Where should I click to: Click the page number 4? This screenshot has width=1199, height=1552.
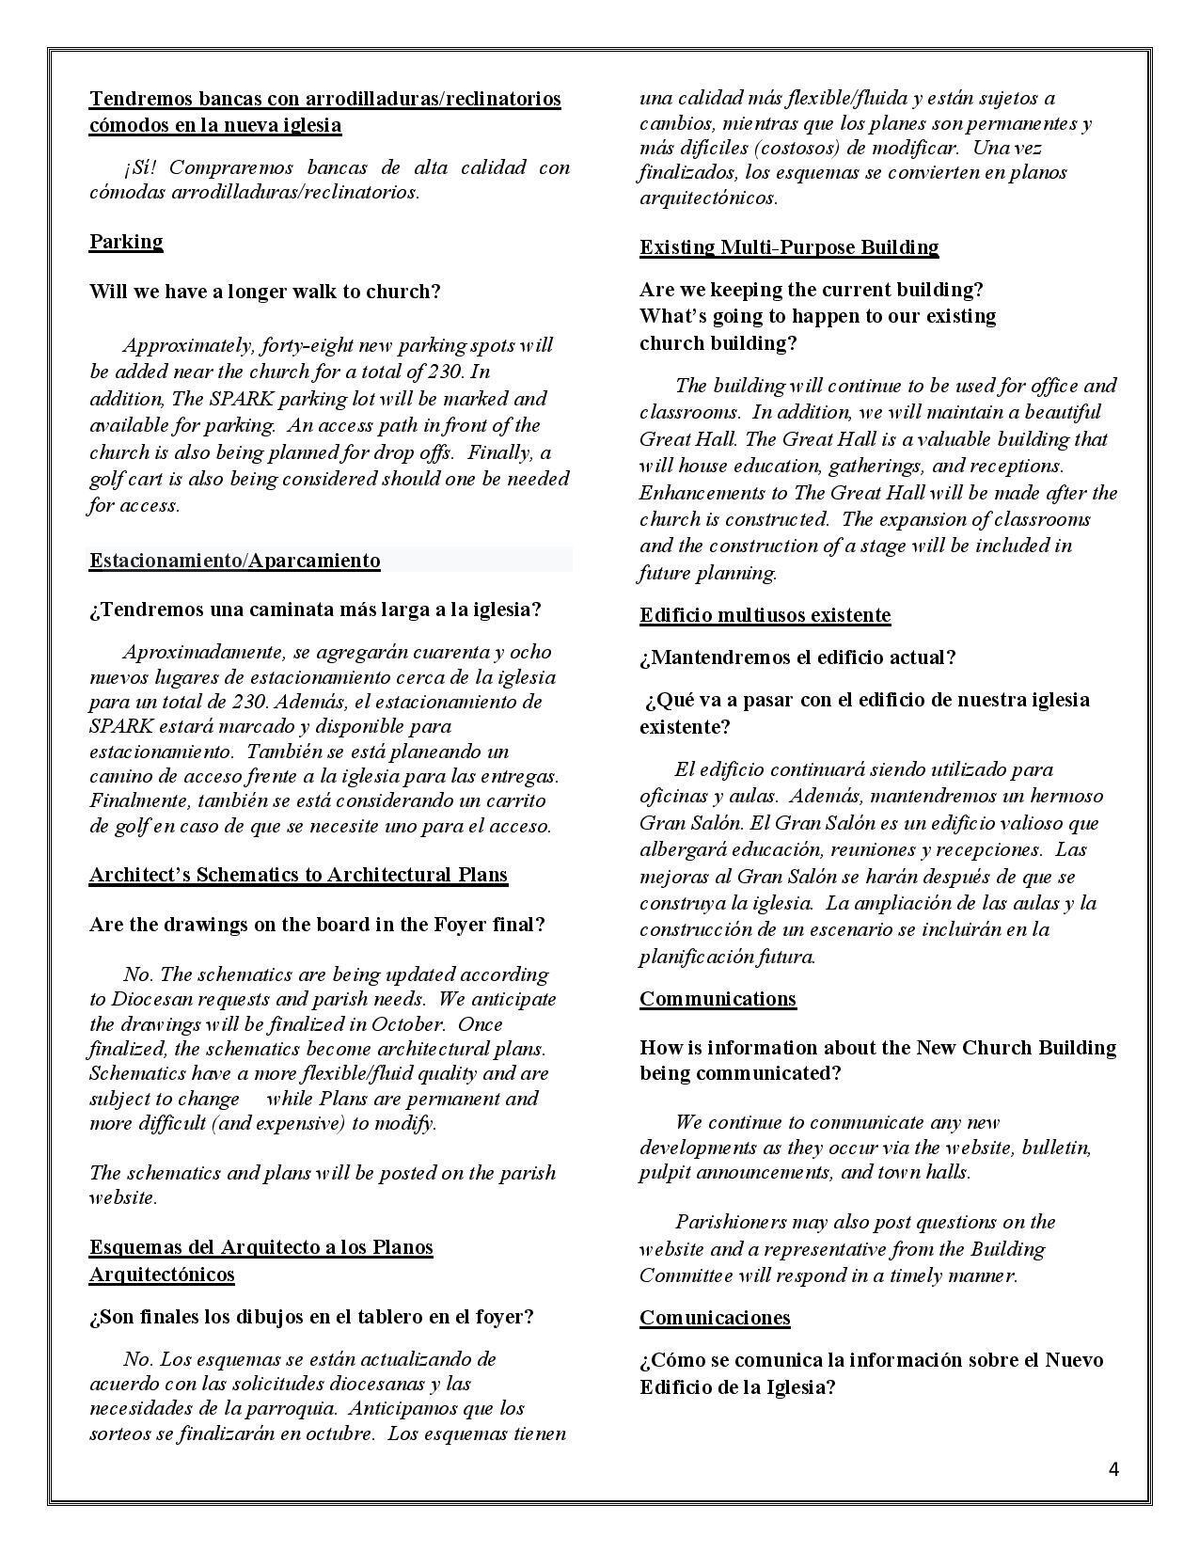tap(1114, 1469)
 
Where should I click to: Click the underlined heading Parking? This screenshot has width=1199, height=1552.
tap(126, 242)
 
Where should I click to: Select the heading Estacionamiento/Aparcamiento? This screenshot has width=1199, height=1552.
tap(235, 561)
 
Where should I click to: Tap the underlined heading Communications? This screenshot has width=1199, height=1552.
tap(718, 999)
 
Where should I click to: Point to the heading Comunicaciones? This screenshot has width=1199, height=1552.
tap(715, 1317)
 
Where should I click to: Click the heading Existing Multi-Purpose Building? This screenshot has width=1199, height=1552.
tap(789, 247)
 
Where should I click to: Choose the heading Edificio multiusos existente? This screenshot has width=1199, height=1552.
tap(765, 615)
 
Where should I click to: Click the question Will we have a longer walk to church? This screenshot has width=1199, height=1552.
tap(265, 292)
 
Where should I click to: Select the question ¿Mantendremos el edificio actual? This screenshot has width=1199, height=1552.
tap(797, 657)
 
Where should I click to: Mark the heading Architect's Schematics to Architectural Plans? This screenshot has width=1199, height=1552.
tap(298, 875)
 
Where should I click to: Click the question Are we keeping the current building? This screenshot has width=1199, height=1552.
tap(812, 290)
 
